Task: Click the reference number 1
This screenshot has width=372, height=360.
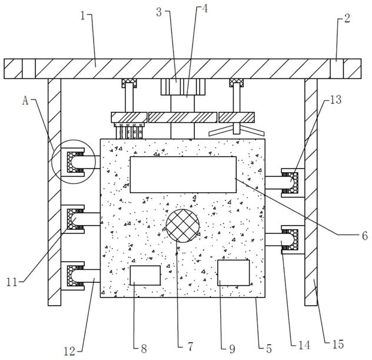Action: pyautogui.click(x=83, y=16)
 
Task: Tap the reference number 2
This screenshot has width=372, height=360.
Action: pyautogui.click(x=347, y=18)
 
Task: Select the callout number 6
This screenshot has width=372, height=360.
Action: pyautogui.click(x=365, y=236)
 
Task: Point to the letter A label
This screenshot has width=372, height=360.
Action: pyautogui.click(x=25, y=101)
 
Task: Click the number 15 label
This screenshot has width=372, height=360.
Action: pyautogui.click(x=338, y=344)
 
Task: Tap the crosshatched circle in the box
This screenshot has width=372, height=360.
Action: pyautogui.click(x=182, y=226)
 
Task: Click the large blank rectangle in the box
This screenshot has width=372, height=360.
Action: pyautogui.click(x=183, y=174)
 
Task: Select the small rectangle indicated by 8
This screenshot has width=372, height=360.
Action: pyautogui.click(x=145, y=276)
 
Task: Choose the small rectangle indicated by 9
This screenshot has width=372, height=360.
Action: pyautogui.click(x=234, y=273)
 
